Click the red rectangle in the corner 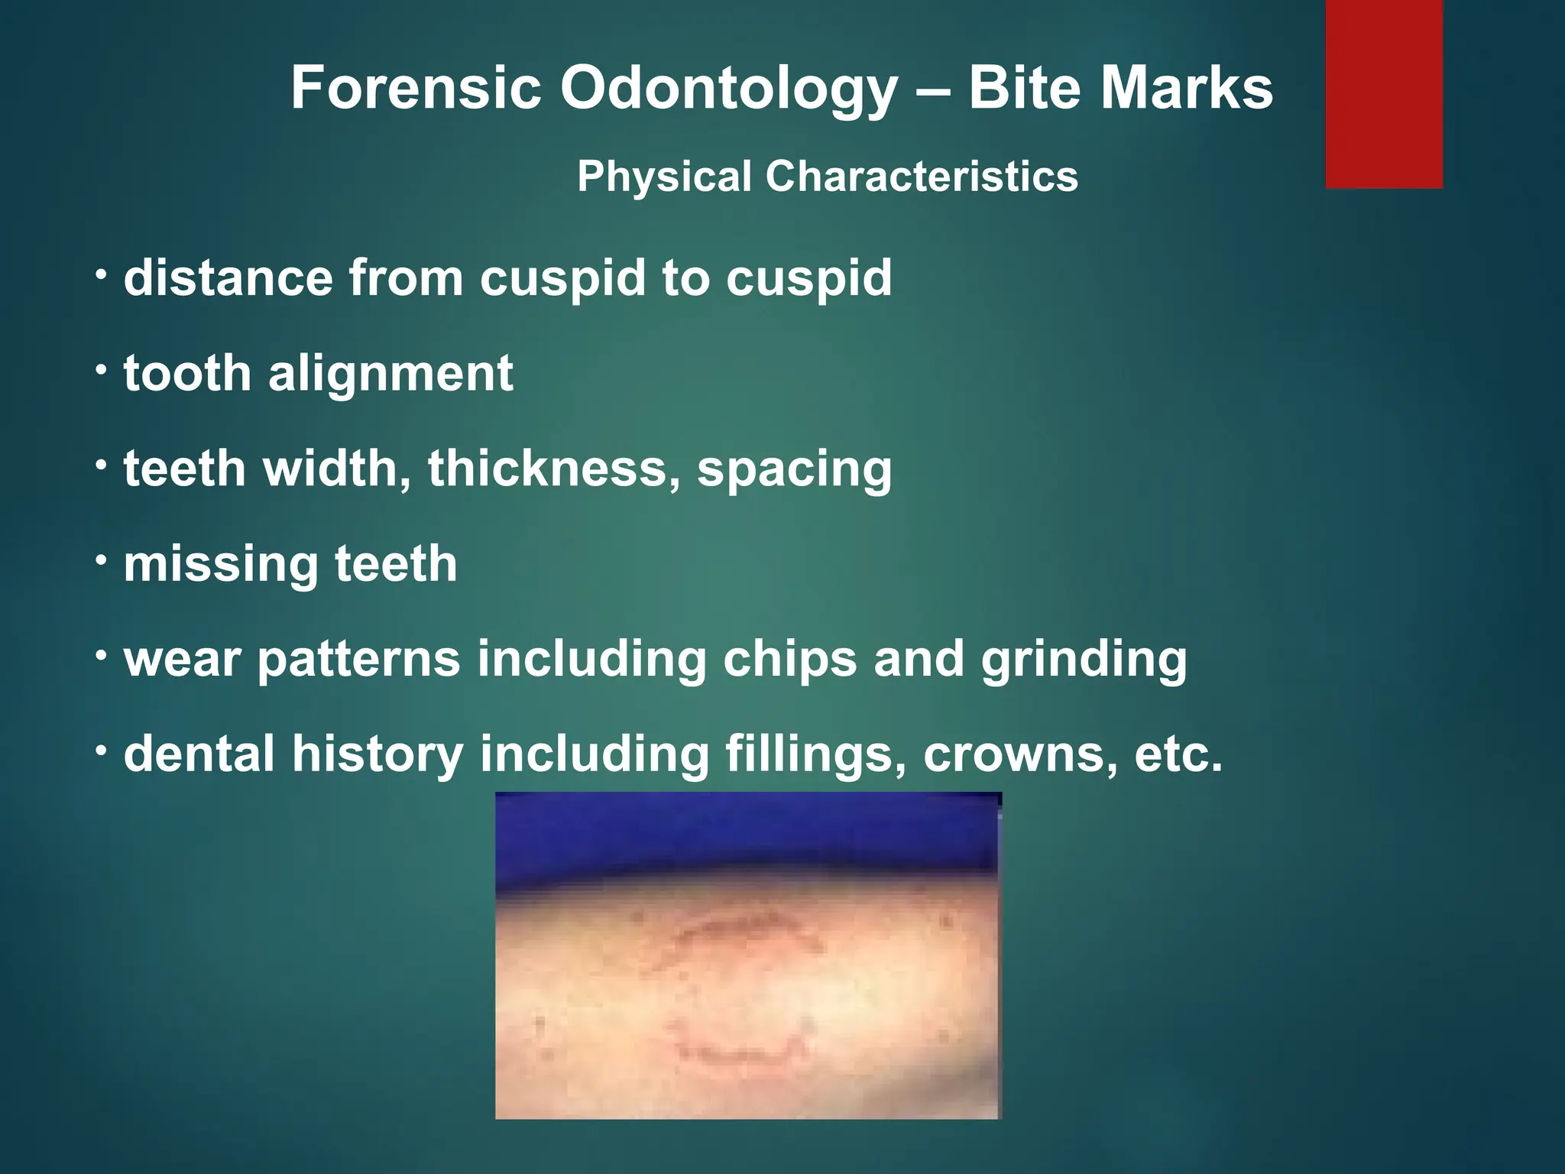pos(1384,93)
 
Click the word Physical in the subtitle pos(664,178)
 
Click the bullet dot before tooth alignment pos(102,368)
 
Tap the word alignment pos(390,374)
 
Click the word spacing pos(794,469)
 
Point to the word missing pos(221,565)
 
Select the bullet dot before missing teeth pos(102,559)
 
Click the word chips pos(789,660)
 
